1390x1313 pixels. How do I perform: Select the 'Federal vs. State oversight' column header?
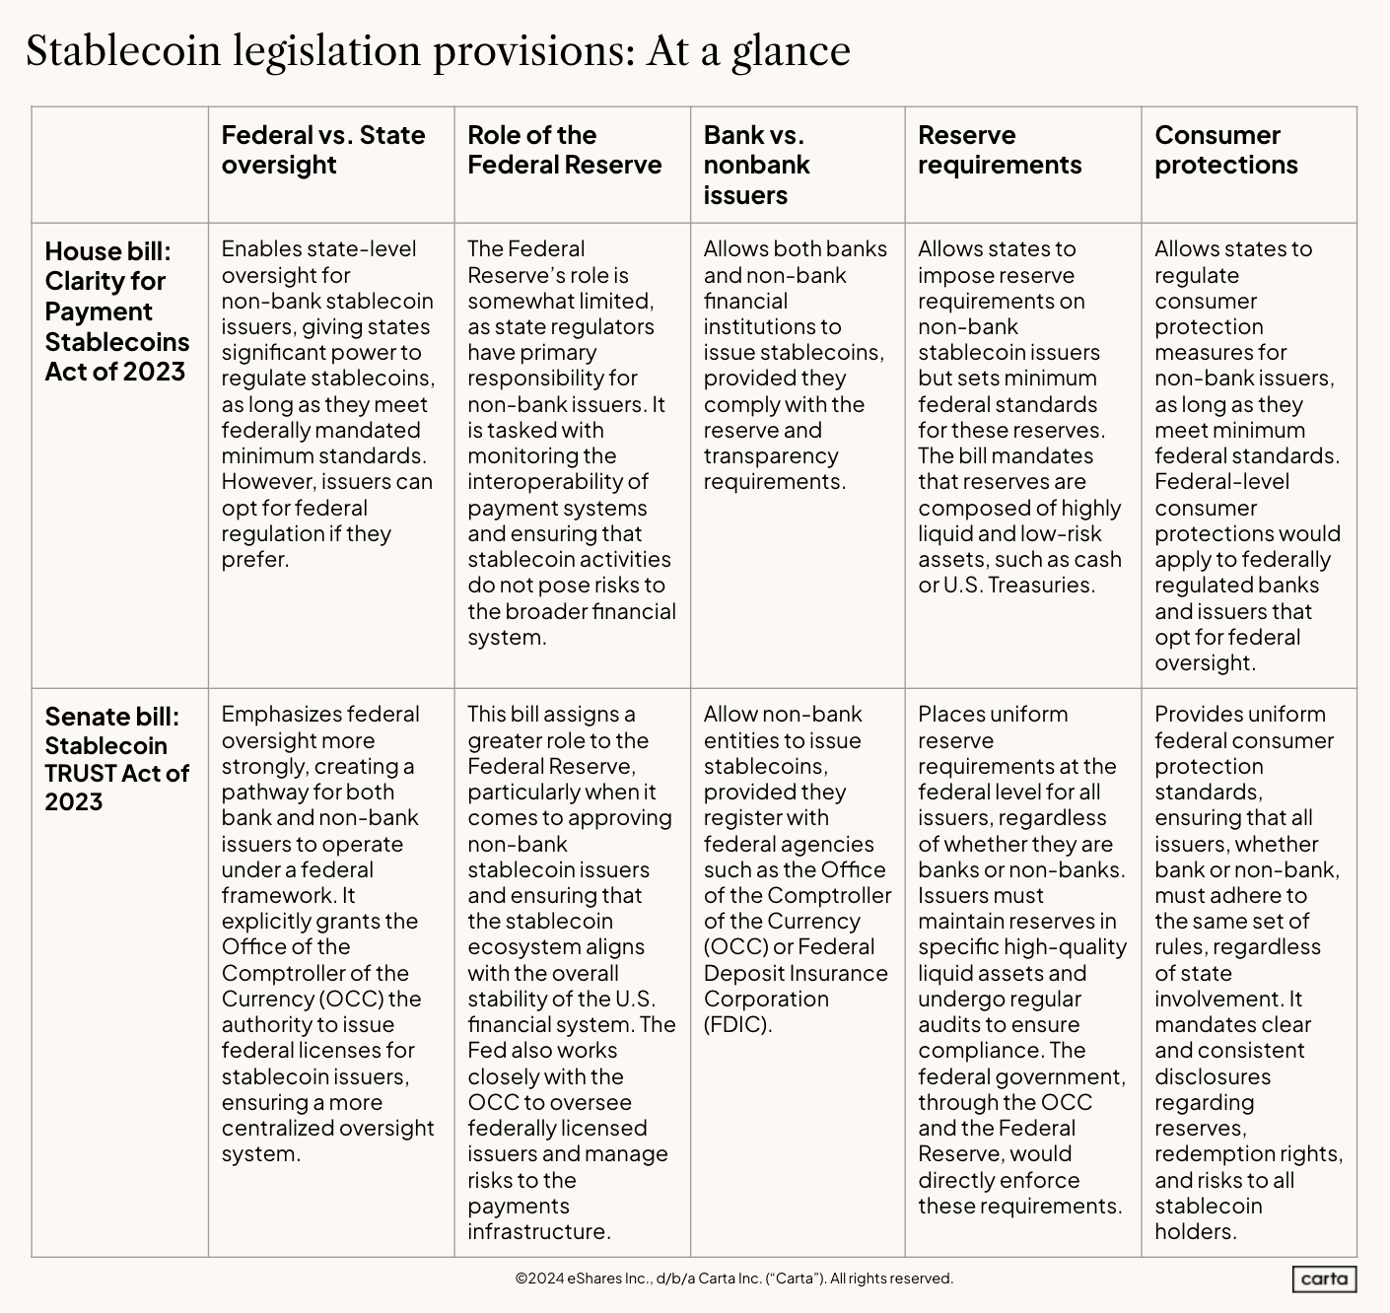(x=322, y=150)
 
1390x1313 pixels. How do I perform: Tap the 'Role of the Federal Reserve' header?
(x=564, y=150)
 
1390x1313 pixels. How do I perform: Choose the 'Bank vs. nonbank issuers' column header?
(x=756, y=165)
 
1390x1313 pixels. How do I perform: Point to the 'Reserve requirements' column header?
(x=1000, y=150)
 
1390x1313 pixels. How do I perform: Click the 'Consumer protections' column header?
(x=1225, y=150)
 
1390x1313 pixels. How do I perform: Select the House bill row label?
(x=116, y=311)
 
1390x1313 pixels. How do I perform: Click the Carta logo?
(x=1324, y=1279)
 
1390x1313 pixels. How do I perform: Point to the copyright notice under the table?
(x=733, y=1278)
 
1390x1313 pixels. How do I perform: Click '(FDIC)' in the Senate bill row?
(x=737, y=1024)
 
